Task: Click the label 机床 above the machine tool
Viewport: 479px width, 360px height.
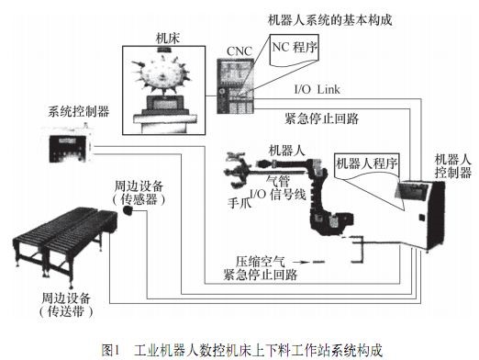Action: tap(168, 39)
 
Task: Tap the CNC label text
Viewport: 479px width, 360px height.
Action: tap(239, 51)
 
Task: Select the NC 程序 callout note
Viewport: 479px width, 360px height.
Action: tap(294, 50)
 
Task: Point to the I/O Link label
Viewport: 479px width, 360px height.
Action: tap(317, 89)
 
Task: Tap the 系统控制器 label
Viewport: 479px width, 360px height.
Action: tap(79, 111)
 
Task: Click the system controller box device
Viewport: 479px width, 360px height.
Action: tap(70, 143)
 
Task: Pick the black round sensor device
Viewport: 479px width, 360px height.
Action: tap(128, 210)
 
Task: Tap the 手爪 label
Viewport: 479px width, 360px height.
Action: tap(239, 203)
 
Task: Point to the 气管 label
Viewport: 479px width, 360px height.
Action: tap(278, 181)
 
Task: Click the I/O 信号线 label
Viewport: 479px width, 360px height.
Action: tap(278, 195)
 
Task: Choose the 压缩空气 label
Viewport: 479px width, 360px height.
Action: tap(261, 262)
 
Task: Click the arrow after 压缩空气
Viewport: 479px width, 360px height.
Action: tap(301, 262)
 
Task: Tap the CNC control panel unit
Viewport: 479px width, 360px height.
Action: tap(235, 86)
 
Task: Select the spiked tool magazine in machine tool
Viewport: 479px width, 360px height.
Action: tap(162, 73)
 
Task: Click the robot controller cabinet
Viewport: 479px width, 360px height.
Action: tap(419, 215)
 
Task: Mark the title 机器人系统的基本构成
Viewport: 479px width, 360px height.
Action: tap(329, 20)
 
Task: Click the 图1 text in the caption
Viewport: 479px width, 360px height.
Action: tap(110, 350)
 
